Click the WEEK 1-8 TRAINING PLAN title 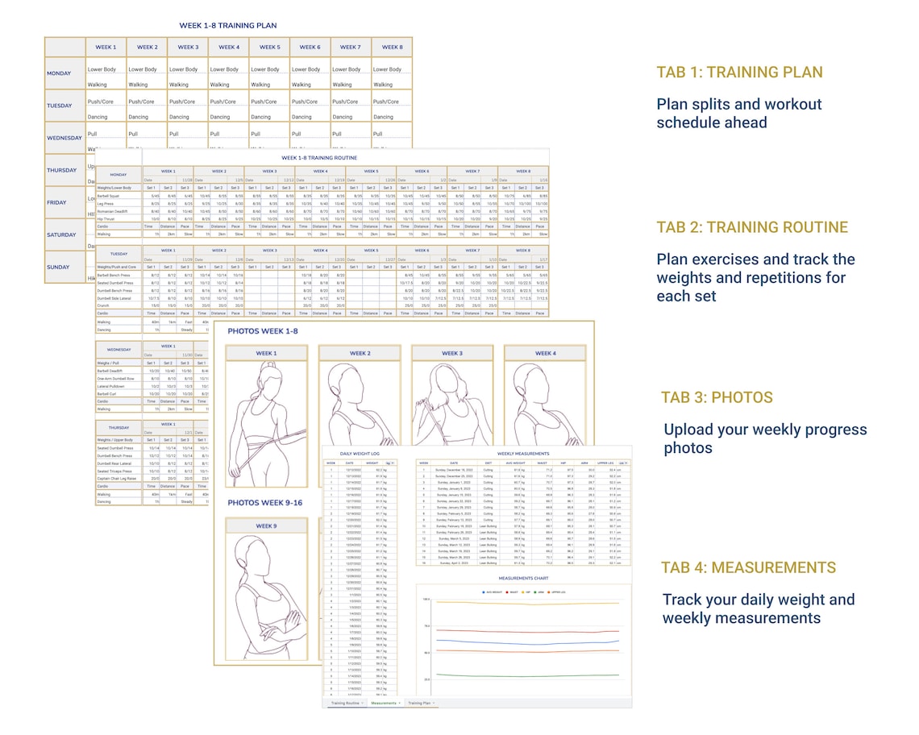pos(227,26)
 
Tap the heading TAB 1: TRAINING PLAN pos(739,73)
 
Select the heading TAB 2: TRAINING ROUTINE pos(752,227)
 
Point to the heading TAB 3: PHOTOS pos(717,397)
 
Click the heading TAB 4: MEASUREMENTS pos(748,567)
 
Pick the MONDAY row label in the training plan pos(59,73)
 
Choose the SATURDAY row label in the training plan pos(60,235)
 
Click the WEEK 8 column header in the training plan pos(392,48)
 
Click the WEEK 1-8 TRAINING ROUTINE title pos(320,158)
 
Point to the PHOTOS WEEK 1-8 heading pos(262,330)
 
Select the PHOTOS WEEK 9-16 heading pos(264,503)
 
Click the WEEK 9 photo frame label pos(266,526)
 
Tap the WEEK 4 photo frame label pos(545,353)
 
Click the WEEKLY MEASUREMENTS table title pos(523,455)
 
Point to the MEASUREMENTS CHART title pos(523,578)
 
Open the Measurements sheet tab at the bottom pos(385,703)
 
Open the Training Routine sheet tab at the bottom pos(346,703)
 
